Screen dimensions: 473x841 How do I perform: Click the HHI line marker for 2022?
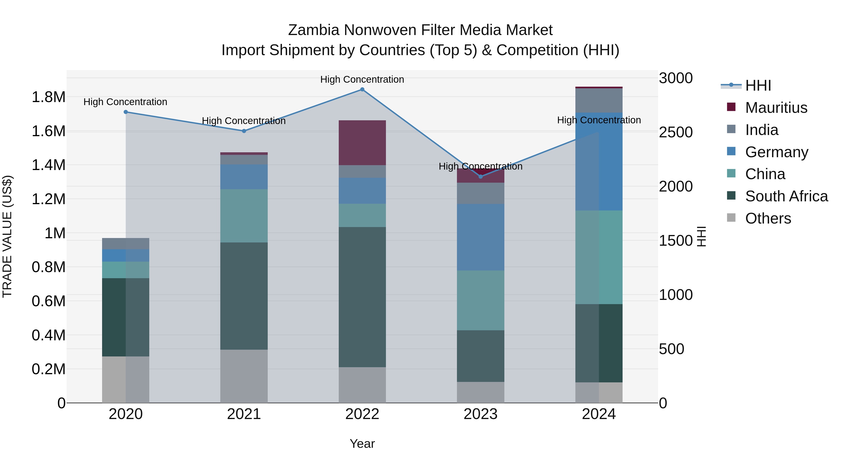coord(362,89)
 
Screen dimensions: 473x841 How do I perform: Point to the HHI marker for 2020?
coord(126,112)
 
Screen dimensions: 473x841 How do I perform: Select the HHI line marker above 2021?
coord(244,131)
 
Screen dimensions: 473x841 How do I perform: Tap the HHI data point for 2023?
coord(481,177)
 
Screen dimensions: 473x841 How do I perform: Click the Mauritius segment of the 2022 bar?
coord(362,143)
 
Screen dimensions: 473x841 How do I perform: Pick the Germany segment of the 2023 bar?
coord(481,237)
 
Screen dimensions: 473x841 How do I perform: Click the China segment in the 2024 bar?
coord(599,257)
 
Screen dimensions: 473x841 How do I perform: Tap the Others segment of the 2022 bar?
coord(362,385)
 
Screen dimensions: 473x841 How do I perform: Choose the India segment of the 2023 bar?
coord(481,193)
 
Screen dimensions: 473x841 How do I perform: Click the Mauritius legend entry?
coord(776,108)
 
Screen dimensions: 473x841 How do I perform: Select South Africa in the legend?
coord(786,196)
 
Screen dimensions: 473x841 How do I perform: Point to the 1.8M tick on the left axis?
coord(49,97)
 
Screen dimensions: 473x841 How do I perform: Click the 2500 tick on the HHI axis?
coord(675,132)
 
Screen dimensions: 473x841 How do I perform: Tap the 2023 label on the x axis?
coord(481,414)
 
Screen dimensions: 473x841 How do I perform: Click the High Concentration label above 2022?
coord(362,79)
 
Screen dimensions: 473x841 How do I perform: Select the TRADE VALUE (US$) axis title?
coord(7,236)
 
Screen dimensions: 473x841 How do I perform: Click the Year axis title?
coord(362,444)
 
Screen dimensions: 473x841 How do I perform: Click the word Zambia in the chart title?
coord(314,30)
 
